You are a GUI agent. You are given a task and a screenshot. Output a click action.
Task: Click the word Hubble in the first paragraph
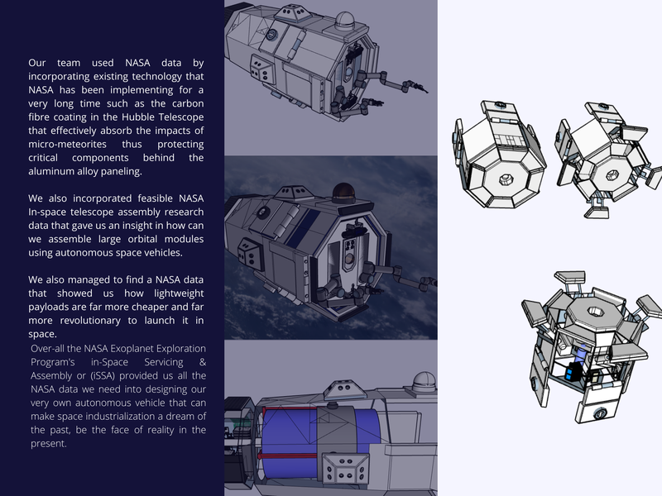[x=138, y=117]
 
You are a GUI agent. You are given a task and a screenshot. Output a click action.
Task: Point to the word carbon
[x=189, y=103]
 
